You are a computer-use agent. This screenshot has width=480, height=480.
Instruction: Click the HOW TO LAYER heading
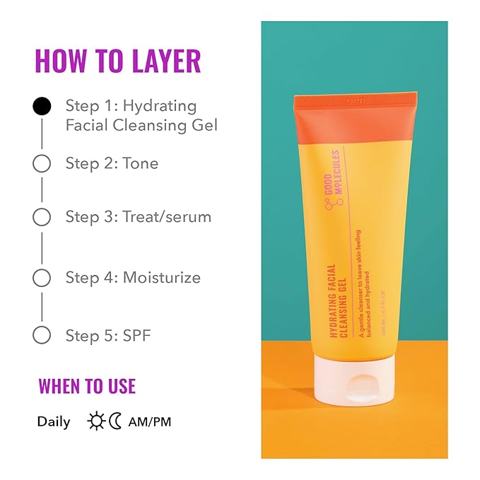tap(118, 61)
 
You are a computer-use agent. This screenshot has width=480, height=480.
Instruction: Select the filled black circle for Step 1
tap(42, 107)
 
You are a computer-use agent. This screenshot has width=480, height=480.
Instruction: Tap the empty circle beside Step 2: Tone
tap(42, 163)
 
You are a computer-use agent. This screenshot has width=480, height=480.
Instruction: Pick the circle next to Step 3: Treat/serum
tap(42, 217)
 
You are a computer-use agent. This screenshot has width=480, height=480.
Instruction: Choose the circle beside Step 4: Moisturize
tap(42, 278)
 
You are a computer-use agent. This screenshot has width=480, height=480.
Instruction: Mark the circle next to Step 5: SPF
tap(42, 335)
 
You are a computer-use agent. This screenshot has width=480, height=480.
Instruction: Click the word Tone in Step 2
tap(141, 163)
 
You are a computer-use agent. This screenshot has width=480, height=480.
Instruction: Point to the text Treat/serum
tap(167, 217)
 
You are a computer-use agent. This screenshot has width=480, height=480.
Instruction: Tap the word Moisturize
tap(162, 278)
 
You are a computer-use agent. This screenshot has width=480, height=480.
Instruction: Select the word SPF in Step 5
tap(137, 335)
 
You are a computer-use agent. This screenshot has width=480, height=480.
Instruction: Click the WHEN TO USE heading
tap(87, 387)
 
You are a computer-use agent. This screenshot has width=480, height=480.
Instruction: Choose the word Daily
tap(54, 422)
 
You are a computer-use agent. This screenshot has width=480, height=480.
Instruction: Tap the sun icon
tap(95, 422)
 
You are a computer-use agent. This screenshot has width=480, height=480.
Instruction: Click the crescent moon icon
tap(115, 422)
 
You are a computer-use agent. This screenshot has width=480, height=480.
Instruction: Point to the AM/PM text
tap(150, 422)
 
